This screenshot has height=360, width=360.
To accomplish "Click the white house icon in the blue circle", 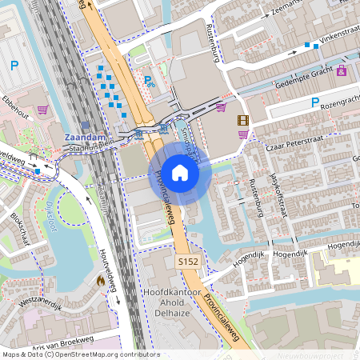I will pyautogui.click(x=180, y=172).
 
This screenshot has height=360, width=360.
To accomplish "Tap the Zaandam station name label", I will pyautogui.click(x=82, y=137).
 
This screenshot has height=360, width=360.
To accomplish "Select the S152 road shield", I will pyautogui.click(x=186, y=262).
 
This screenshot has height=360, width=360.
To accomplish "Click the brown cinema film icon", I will pyautogui.click(x=242, y=120).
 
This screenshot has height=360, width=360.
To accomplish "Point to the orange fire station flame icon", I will pyautogui.click(x=99, y=281).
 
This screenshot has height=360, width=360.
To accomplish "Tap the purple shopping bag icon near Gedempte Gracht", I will pyautogui.click(x=342, y=71).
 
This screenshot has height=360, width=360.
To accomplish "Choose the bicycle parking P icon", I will pyautogui.click(x=149, y=80).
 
